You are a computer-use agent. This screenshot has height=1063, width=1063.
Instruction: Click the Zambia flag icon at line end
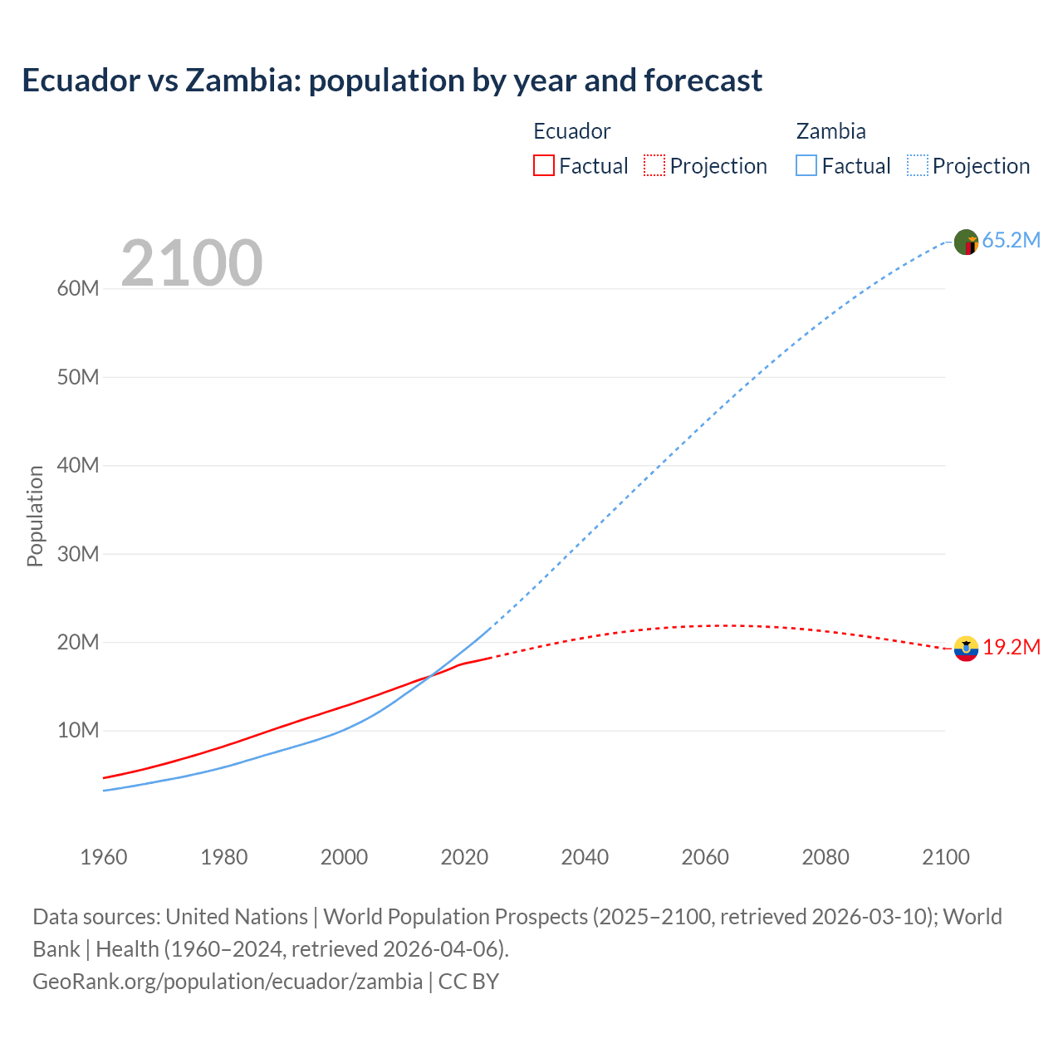pyautogui.click(x=966, y=242)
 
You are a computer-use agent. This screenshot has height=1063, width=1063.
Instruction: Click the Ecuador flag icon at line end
pyautogui.click(x=966, y=649)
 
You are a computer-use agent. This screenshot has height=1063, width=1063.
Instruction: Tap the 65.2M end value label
pyautogui.click(x=1011, y=240)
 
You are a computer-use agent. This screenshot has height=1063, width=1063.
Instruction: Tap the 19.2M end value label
pyautogui.click(x=1012, y=647)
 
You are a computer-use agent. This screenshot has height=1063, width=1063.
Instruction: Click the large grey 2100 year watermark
pyautogui.click(x=192, y=263)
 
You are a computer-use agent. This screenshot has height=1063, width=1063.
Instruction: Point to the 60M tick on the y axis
pyautogui.click(x=78, y=288)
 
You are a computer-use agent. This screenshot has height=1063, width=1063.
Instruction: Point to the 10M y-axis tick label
pyautogui.click(x=78, y=730)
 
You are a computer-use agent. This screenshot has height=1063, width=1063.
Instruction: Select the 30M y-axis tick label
pyautogui.click(x=78, y=554)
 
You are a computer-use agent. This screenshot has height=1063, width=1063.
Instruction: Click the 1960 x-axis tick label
pyautogui.click(x=104, y=857)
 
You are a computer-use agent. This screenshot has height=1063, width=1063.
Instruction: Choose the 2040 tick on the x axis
pyautogui.click(x=585, y=857)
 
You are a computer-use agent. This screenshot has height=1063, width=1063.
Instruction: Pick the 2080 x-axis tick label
pyautogui.click(x=825, y=857)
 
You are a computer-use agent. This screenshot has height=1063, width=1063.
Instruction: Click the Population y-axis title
pyautogui.click(x=35, y=516)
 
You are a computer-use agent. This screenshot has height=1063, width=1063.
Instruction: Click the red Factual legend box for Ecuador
pyautogui.click(x=544, y=165)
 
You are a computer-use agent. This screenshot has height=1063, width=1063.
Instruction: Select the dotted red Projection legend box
pyautogui.click(x=654, y=165)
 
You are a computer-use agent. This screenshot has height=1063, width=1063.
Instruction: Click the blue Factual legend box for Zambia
pyautogui.click(x=806, y=165)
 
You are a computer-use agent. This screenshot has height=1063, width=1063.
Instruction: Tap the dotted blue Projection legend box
pyautogui.click(x=918, y=165)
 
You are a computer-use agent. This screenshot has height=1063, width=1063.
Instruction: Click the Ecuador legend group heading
pyautogui.click(x=571, y=131)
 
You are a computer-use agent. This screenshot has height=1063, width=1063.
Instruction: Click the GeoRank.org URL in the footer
pyautogui.click(x=228, y=981)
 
